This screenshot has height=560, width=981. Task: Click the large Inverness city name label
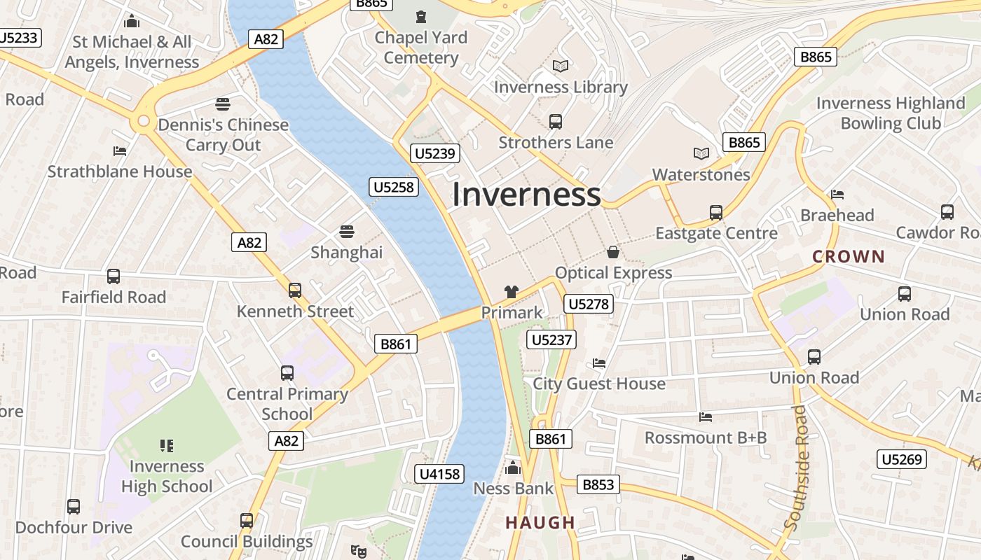tap(526, 195)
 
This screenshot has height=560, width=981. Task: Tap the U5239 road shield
tap(435, 153)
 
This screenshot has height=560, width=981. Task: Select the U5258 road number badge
tap(394, 187)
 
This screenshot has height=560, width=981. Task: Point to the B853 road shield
tap(598, 484)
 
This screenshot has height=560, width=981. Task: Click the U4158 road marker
tap(439, 474)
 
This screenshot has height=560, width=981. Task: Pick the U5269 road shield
tap(902, 459)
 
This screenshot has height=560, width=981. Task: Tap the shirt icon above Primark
tap(512, 292)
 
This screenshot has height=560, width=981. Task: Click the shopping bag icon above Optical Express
tap(613, 252)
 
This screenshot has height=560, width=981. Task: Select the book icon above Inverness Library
tap(561, 66)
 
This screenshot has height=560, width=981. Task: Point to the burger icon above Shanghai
tap(347, 232)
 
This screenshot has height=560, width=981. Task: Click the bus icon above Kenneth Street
tap(295, 290)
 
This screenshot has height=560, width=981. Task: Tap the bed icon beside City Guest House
tap(599, 363)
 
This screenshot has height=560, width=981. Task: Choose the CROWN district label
tap(849, 257)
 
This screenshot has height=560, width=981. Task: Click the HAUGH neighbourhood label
tap(540, 523)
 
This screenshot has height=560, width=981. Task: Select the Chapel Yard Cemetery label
tap(421, 48)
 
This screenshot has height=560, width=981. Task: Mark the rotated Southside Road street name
tap(800, 467)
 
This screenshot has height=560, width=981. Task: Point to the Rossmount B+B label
tap(706, 437)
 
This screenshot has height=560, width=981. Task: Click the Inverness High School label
tap(167, 476)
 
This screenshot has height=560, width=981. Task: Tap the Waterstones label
tap(701, 174)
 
